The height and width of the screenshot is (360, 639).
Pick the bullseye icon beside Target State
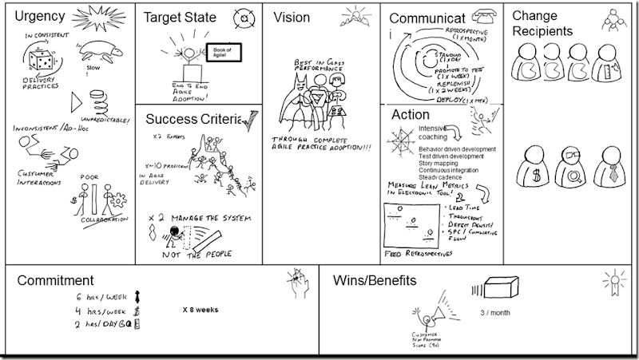point(240,18)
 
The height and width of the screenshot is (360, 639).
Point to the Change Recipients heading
point(542,23)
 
